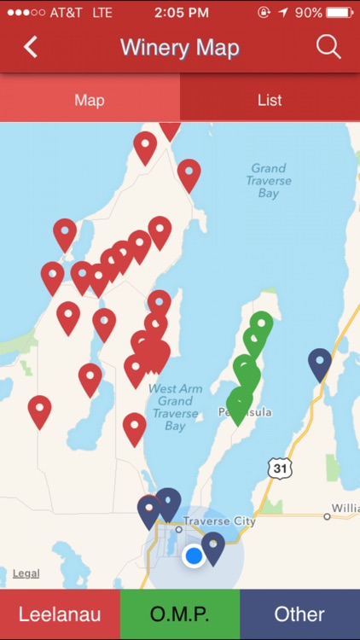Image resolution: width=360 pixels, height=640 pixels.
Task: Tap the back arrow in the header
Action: pyautogui.click(x=31, y=47)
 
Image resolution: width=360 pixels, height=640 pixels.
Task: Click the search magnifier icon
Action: pyautogui.click(x=328, y=47)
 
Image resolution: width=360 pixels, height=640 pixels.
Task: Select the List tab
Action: pyautogui.click(x=270, y=100)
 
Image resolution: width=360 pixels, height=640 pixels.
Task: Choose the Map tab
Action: pyautogui.click(x=90, y=100)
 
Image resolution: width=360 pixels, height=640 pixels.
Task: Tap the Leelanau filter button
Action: pyautogui.click(x=60, y=614)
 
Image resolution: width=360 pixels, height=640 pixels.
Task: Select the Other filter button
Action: pyautogui.click(x=299, y=614)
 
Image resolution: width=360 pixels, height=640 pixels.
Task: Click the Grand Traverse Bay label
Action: pyautogui.click(x=269, y=181)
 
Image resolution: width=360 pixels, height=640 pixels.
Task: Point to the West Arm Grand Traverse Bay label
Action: pyautogui.click(x=175, y=407)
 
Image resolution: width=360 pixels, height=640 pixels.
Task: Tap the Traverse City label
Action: pyautogui.click(x=220, y=521)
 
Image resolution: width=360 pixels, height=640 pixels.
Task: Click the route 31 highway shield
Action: pyautogui.click(x=279, y=468)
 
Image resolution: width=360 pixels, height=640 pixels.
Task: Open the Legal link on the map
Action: pyautogui.click(x=26, y=573)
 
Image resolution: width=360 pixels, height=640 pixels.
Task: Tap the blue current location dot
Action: pyautogui.click(x=194, y=556)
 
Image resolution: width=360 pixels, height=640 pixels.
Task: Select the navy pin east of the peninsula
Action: pyautogui.click(x=320, y=363)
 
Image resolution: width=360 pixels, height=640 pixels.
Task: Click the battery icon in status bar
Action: pyautogui.click(x=339, y=13)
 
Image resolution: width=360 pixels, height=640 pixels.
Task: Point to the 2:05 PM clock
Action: pyautogui.click(x=182, y=13)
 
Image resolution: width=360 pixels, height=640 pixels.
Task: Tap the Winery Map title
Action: pyautogui.click(x=180, y=47)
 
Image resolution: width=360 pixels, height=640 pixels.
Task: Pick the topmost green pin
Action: pyautogui.click(x=261, y=324)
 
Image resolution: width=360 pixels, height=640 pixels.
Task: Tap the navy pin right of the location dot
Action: pyautogui.click(x=212, y=546)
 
